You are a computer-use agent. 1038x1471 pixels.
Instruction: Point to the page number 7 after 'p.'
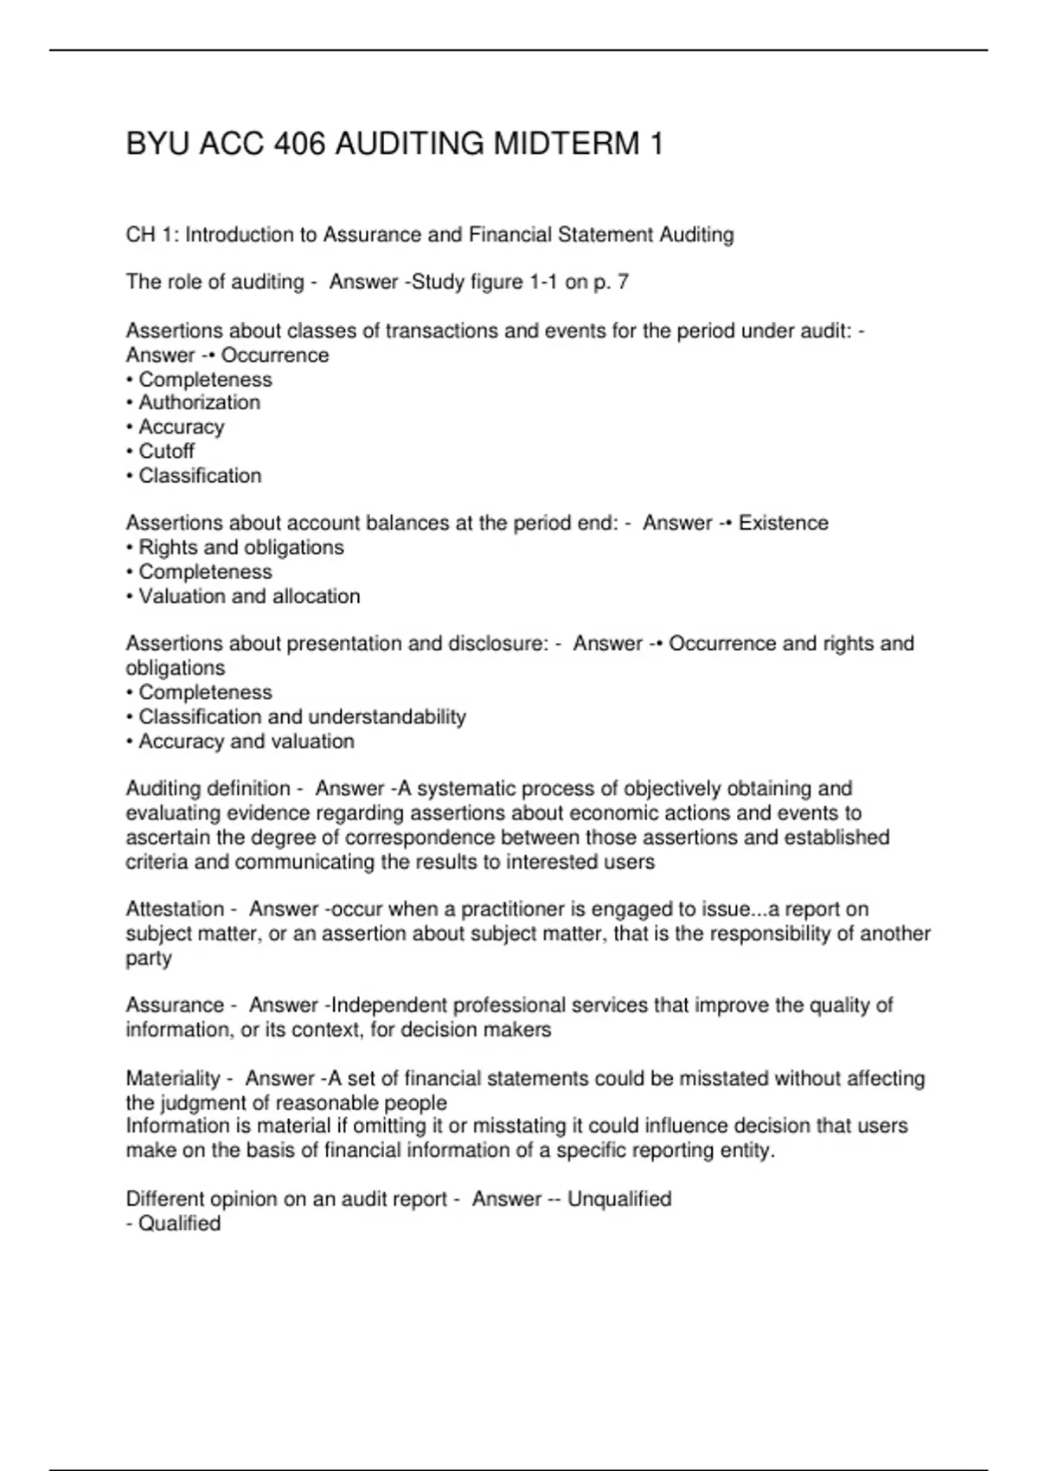pyautogui.click(x=623, y=282)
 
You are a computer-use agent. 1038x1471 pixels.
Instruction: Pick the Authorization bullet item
pyautogui.click(x=199, y=402)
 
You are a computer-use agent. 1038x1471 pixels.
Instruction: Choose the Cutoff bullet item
pyautogui.click(x=166, y=451)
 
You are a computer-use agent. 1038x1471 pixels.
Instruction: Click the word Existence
pyautogui.click(x=783, y=523)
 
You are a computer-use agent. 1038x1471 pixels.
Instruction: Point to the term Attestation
pyautogui.click(x=175, y=909)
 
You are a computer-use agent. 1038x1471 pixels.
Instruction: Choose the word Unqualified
pyautogui.click(x=619, y=1199)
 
